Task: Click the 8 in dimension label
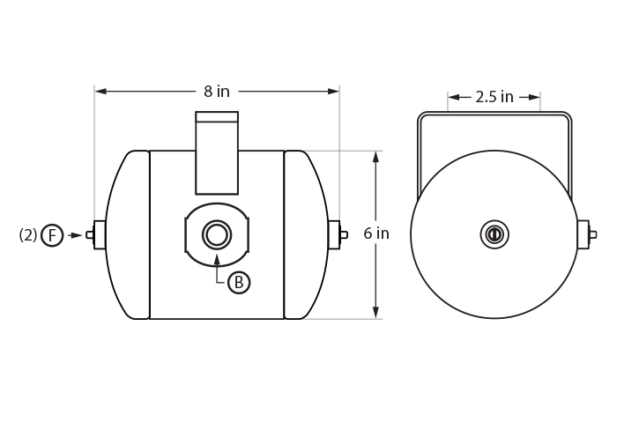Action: click(x=217, y=91)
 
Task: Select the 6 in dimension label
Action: click(x=376, y=234)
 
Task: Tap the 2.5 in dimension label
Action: click(x=494, y=97)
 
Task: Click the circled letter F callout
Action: click(x=52, y=235)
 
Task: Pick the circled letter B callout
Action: click(x=239, y=282)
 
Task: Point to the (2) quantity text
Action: click(x=28, y=235)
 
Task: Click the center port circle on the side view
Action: click(x=217, y=235)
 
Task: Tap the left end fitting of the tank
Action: click(x=97, y=235)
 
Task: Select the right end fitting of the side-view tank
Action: click(x=336, y=235)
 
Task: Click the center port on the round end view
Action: click(x=494, y=234)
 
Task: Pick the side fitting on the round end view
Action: click(x=584, y=234)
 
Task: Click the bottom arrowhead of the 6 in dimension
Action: click(x=376, y=313)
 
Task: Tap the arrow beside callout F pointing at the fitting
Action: click(x=76, y=235)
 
